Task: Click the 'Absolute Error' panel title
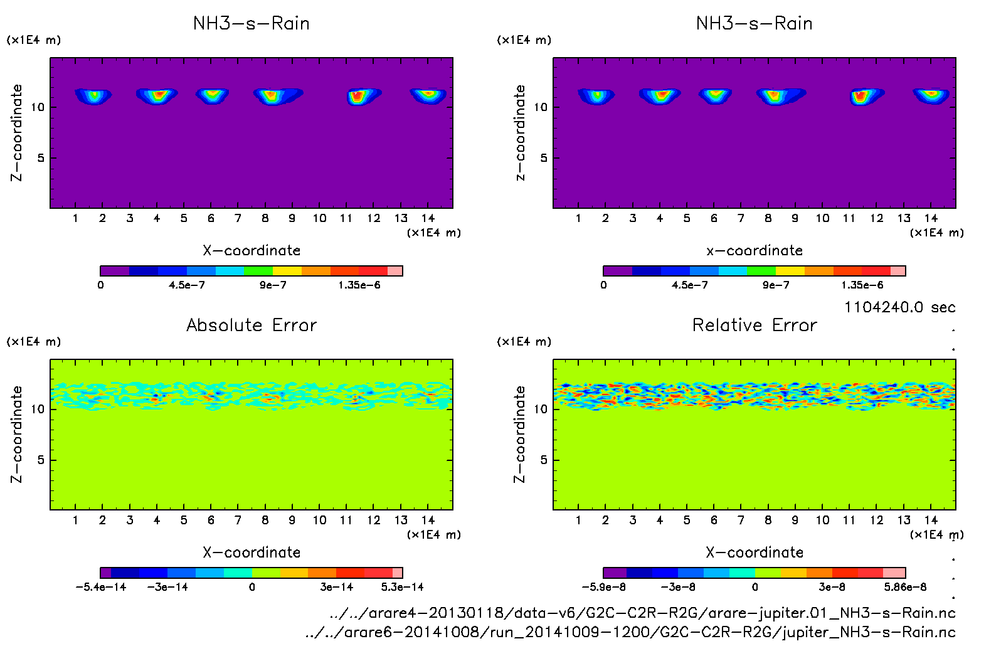click(251, 325)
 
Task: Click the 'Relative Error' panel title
click(754, 325)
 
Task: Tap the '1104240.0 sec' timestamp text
click(899, 307)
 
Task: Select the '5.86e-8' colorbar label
click(905, 587)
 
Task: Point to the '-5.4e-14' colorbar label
click(101, 587)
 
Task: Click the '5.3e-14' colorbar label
click(402, 587)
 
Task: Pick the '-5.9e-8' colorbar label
click(603, 587)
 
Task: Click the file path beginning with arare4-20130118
click(642, 613)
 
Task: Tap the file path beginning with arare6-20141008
click(630, 632)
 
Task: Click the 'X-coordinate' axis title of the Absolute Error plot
click(251, 553)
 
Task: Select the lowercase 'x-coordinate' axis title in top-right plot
click(754, 251)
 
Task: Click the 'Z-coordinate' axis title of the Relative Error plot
click(519, 434)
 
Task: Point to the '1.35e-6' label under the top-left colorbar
click(359, 285)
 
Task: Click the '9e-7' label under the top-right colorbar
click(776, 285)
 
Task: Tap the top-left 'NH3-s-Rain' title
click(251, 24)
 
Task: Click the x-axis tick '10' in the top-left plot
click(319, 218)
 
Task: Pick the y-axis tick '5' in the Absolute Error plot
click(41, 460)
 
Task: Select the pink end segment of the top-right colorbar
click(897, 271)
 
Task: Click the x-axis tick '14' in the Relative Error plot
click(931, 520)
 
